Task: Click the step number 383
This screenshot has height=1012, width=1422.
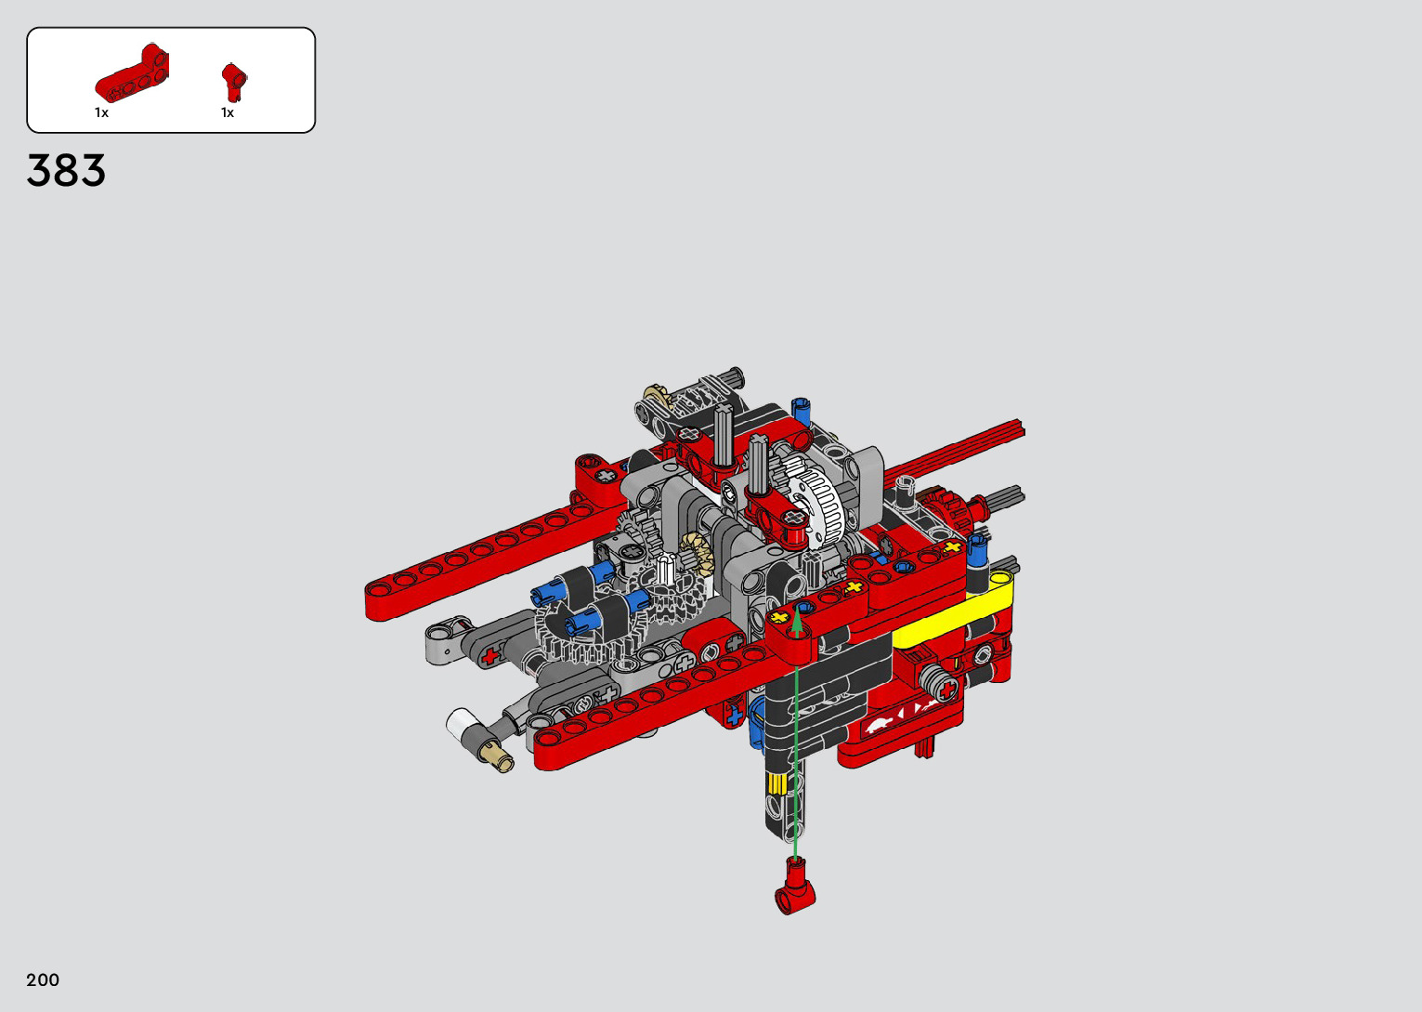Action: (66, 170)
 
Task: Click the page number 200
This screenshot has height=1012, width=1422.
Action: (43, 979)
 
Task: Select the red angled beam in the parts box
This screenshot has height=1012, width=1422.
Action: (132, 72)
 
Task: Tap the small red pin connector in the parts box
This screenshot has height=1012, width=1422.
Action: (234, 82)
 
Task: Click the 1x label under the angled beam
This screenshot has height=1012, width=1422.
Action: (101, 112)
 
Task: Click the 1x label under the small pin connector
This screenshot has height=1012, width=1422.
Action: (228, 112)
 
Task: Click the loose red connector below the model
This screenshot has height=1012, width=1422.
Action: (795, 886)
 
